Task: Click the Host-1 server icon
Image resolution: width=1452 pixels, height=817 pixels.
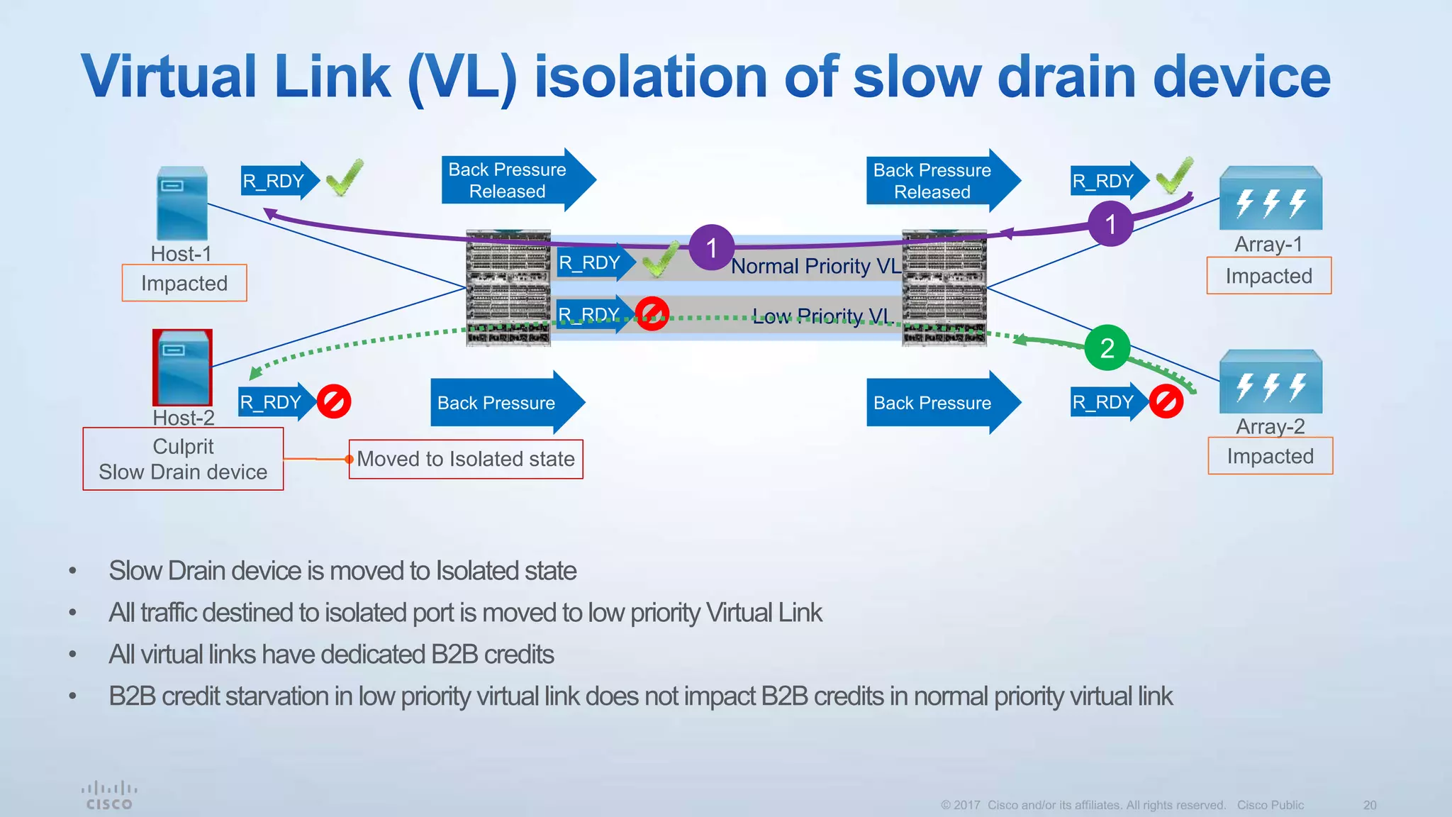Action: (182, 204)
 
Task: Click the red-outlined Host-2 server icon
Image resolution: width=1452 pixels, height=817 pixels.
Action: (182, 367)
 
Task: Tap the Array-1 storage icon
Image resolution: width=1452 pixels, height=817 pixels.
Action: (1270, 199)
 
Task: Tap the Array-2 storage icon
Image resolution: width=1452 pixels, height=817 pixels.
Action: (1270, 382)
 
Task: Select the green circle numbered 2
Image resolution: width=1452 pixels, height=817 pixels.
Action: (1107, 348)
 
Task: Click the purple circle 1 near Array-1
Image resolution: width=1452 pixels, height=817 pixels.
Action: (1110, 224)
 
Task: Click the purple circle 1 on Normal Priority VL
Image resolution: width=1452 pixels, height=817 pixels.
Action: (711, 248)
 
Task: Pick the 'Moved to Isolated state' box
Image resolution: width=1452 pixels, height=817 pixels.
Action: (466, 459)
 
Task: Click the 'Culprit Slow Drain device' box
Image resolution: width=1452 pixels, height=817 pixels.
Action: (183, 459)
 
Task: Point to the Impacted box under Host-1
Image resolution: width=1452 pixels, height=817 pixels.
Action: (184, 283)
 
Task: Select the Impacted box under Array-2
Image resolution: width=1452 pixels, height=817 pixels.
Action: (1270, 456)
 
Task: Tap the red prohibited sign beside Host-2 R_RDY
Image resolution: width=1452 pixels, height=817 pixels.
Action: (334, 402)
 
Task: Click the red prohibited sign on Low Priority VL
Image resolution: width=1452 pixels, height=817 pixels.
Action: (652, 313)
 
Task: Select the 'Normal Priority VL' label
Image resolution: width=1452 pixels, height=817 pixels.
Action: (815, 266)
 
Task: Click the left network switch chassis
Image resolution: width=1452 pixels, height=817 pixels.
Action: (508, 288)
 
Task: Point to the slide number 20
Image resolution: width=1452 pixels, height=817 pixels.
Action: (1369, 805)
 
